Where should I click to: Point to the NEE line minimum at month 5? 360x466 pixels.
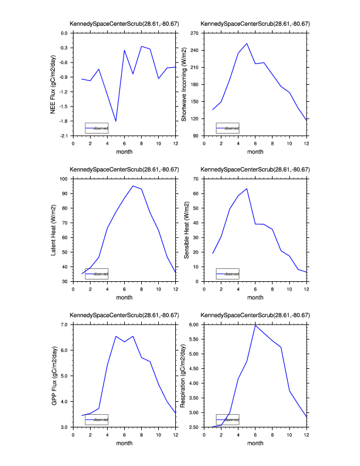[116, 121]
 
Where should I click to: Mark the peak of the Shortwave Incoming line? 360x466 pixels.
[247, 43]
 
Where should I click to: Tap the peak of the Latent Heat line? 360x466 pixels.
[133, 186]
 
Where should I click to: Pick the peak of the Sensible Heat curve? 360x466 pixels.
[247, 189]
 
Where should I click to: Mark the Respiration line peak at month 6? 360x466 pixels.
[255, 325]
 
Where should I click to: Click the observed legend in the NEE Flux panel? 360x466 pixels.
[96, 128]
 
